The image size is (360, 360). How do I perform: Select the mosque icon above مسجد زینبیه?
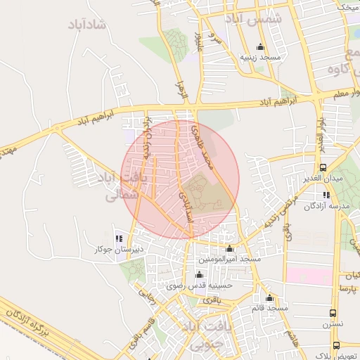click(x=261, y=46)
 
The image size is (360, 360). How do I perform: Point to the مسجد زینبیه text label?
click(x=261, y=56)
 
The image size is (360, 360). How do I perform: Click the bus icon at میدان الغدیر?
click(x=323, y=167)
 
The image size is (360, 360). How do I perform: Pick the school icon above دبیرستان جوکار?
click(x=119, y=239)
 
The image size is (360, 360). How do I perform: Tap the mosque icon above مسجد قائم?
click(x=269, y=298)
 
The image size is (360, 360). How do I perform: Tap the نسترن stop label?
click(x=332, y=324)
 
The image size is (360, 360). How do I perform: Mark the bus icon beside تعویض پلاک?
click(x=335, y=345)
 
